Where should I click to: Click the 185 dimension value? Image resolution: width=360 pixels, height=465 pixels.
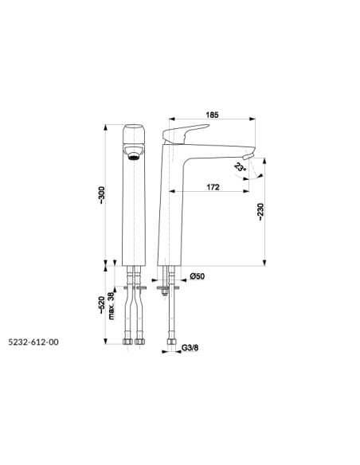[x=213, y=115]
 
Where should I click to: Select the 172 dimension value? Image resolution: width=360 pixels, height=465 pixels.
[x=213, y=187]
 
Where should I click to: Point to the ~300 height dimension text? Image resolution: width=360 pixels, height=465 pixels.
[x=101, y=195]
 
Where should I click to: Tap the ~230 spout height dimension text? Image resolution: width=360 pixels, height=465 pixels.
[x=260, y=212]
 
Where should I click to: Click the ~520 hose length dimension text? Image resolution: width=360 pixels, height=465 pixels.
[x=101, y=305]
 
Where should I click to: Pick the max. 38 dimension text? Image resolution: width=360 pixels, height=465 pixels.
[x=111, y=306]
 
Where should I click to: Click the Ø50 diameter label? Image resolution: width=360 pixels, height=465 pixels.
[x=198, y=276]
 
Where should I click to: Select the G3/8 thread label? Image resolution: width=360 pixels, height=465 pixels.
[x=190, y=348]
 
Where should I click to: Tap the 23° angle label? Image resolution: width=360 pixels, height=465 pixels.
[x=240, y=168]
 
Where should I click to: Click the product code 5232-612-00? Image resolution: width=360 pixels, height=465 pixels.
[x=33, y=342]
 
